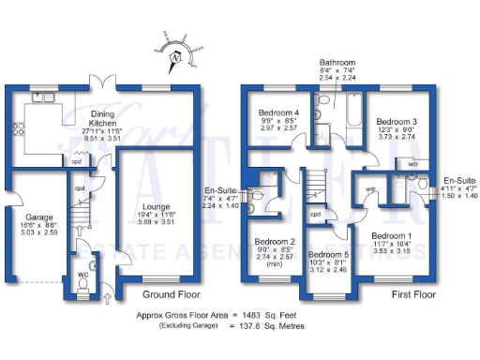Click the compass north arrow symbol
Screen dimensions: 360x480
(173, 60)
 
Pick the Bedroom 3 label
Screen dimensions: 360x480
(397, 122)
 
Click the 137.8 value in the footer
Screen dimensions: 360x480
(247, 327)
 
